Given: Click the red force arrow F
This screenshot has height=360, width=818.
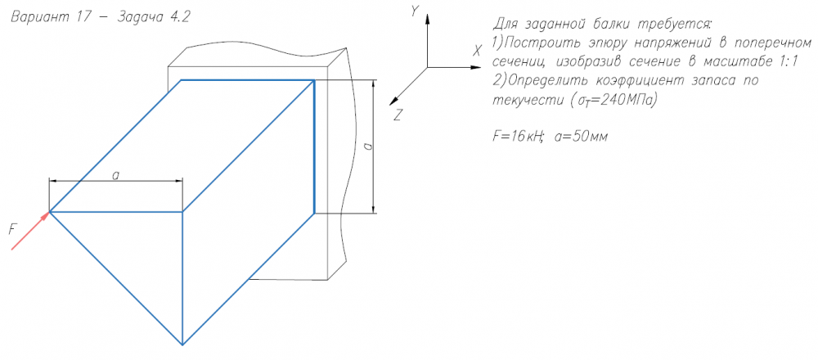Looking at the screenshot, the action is click(x=30, y=230).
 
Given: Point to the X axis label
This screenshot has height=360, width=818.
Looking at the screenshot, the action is click(x=477, y=51).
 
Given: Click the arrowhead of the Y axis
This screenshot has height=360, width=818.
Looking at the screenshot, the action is click(x=427, y=20).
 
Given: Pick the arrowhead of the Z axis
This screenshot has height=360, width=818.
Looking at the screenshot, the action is click(x=395, y=100).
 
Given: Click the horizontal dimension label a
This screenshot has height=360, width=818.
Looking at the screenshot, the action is click(x=116, y=175).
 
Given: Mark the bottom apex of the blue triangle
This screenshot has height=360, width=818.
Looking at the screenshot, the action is click(x=182, y=345).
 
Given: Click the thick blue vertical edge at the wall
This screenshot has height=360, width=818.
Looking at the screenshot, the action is click(x=314, y=146).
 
